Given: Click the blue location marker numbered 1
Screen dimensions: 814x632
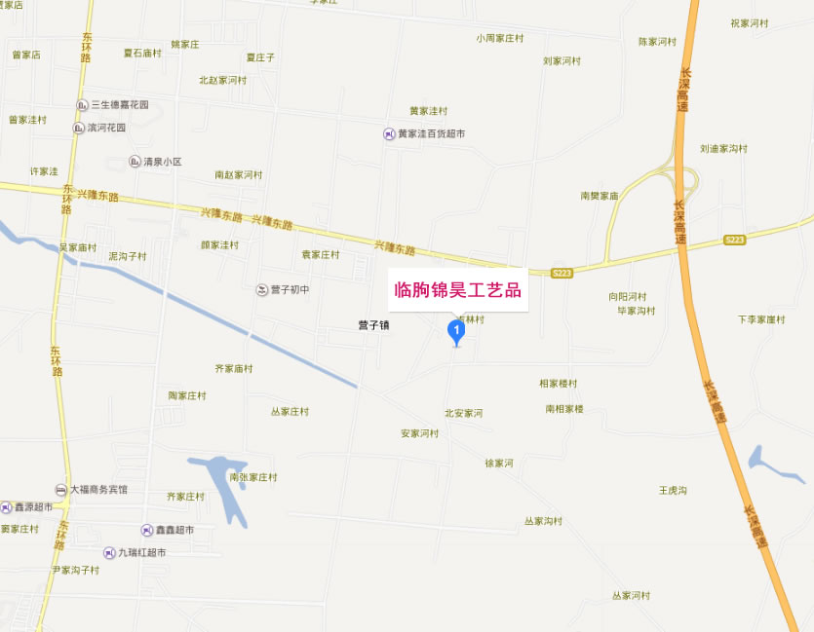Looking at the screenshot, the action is (x=455, y=331).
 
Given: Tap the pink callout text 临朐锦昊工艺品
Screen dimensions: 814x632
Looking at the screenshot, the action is (x=456, y=289).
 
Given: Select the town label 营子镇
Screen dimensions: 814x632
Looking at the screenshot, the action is (x=373, y=325).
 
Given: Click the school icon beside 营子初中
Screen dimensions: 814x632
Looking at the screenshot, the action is (x=261, y=289).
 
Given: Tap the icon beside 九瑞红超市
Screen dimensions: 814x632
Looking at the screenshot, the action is (x=109, y=552).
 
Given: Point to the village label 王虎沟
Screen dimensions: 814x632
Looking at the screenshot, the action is (x=673, y=490).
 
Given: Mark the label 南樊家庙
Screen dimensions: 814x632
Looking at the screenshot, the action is (x=600, y=196).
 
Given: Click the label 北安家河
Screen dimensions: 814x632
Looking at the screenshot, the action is (x=463, y=413).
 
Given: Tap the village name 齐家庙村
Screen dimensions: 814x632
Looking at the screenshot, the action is (x=233, y=368).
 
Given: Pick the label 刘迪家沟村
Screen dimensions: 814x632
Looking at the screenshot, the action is (x=723, y=149).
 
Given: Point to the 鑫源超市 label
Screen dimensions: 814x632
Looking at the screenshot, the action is (x=33, y=506).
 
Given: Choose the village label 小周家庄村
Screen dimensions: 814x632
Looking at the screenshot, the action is (x=500, y=38).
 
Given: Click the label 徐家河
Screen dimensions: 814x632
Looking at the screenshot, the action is (x=498, y=463).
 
